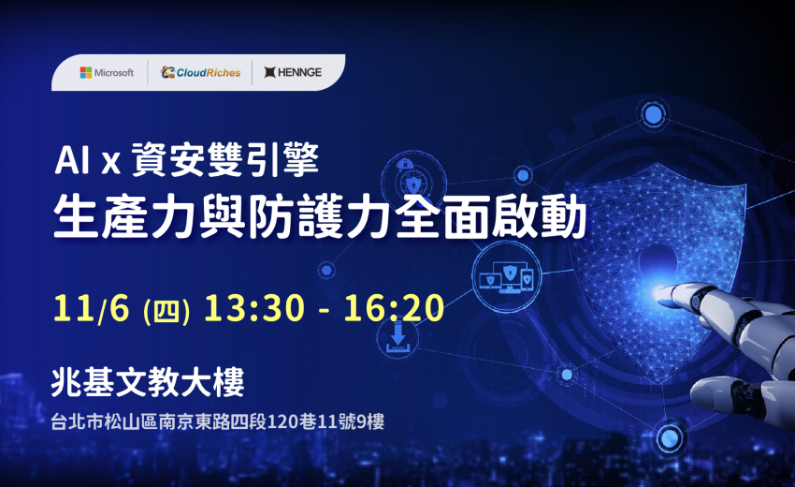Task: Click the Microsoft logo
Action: pyautogui.click(x=107, y=72)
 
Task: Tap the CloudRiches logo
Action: pyautogui.click(x=200, y=72)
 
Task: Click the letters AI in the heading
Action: pyautogui.click(x=72, y=161)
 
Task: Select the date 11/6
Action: pyautogui.click(x=94, y=309)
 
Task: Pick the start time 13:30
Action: pyautogui.click(x=252, y=309)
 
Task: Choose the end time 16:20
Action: pyautogui.click(x=394, y=309)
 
